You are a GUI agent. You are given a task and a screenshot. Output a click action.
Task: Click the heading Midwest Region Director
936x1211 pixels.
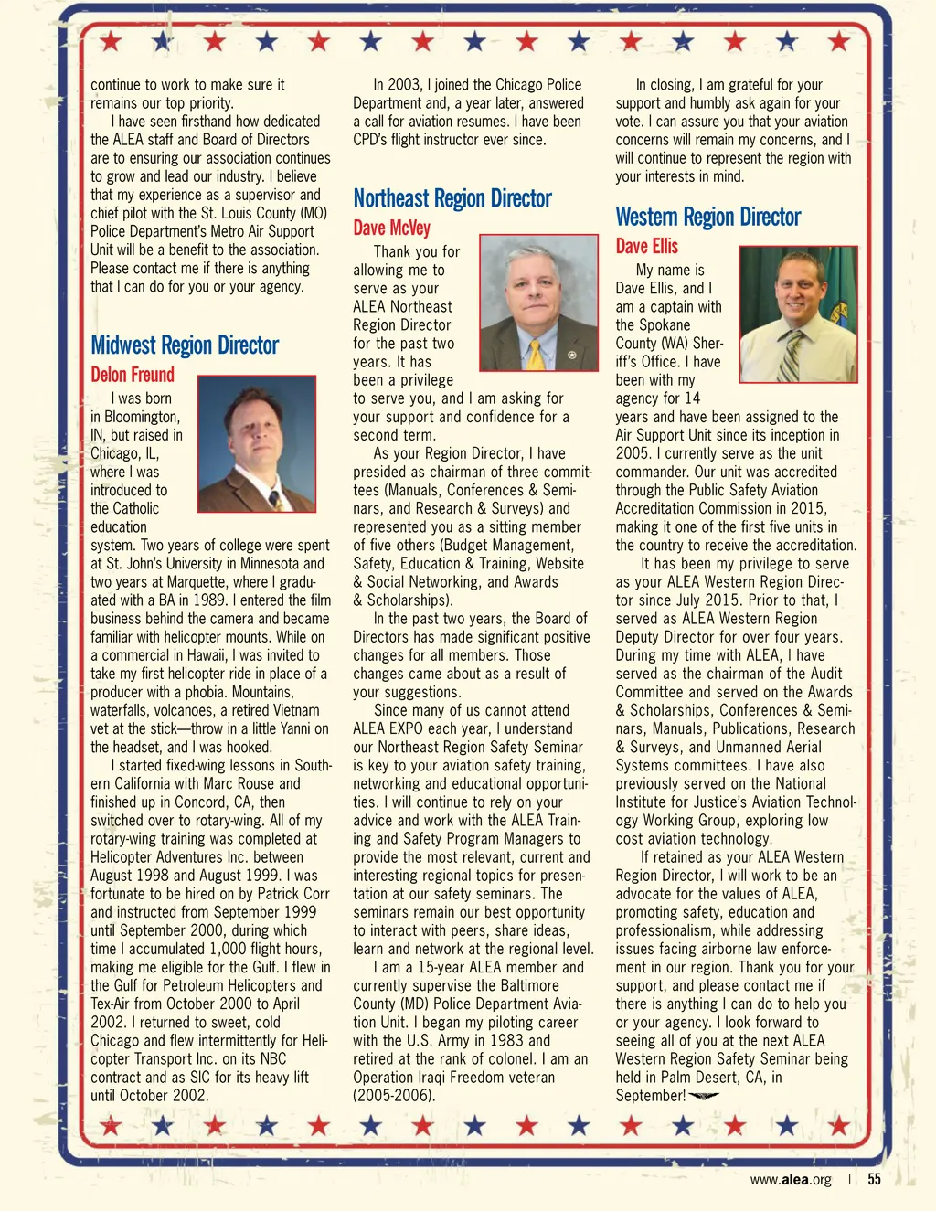coord(185,345)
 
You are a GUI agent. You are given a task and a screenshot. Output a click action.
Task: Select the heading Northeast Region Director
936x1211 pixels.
coord(452,199)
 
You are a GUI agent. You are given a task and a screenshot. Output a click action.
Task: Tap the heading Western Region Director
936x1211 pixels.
coord(707,218)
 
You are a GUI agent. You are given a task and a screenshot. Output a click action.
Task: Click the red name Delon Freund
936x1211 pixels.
coord(133,375)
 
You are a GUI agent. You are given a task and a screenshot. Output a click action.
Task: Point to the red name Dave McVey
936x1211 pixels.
coord(391,228)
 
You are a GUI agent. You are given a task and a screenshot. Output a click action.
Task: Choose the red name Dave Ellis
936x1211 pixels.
coord(646,247)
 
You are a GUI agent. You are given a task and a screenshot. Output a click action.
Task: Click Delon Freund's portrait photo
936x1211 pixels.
coord(256,443)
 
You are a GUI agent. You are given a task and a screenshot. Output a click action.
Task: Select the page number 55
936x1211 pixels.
coord(874,1179)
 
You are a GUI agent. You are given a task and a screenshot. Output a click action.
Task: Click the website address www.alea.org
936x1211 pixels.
coord(791,1179)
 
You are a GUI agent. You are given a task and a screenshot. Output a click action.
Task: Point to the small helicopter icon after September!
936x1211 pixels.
coord(704,1096)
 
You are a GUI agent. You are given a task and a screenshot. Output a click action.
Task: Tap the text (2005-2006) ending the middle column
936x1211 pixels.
coord(394,1095)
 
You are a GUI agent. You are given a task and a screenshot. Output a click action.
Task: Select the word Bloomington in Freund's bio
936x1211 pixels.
coord(142,417)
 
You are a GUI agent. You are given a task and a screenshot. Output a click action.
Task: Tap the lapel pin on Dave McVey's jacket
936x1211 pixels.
coord(571,354)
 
